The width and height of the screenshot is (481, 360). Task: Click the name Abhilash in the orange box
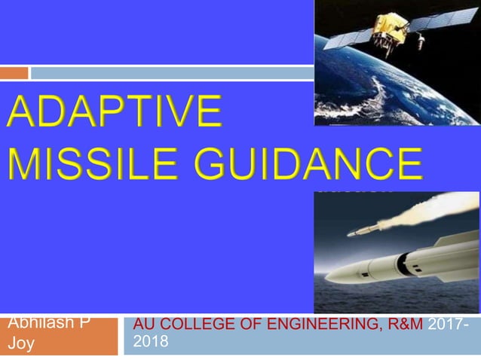coord(40,323)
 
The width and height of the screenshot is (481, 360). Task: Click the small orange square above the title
coord(14,73)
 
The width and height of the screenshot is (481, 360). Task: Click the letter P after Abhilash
coord(87,323)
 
